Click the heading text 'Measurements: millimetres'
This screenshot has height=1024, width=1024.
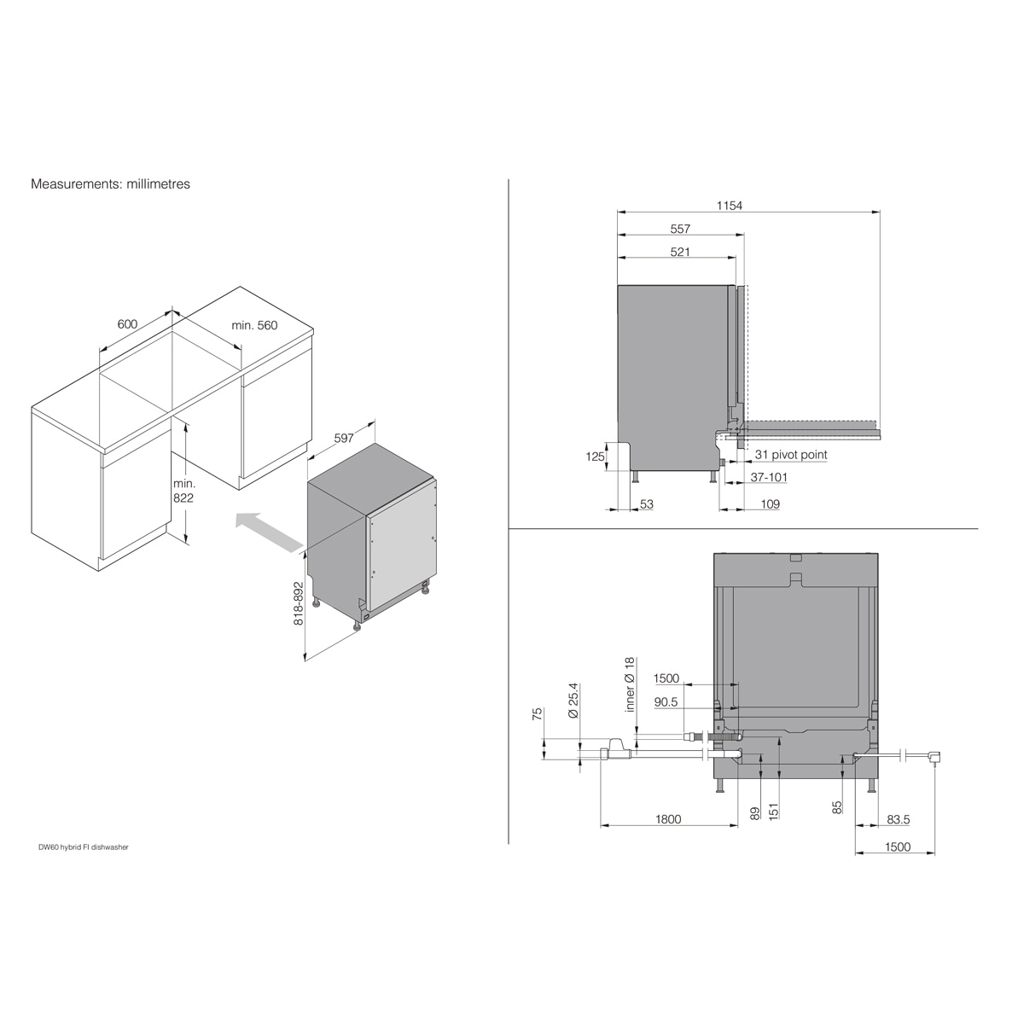pyautogui.click(x=111, y=183)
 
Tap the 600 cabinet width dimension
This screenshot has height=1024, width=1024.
pyautogui.click(x=127, y=323)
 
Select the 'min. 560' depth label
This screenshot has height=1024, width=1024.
pyautogui.click(x=254, y=325)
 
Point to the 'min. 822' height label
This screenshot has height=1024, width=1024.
pyautogui.click(x=183, y=491)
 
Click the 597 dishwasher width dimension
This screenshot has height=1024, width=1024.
pyautogui.click(x=344, y=438)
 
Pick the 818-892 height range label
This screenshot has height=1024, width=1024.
pyautogui.click(x=299, y=603)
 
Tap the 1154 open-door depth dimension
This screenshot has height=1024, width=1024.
pyautogui.click(x=729, y=205)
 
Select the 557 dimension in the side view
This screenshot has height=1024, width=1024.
pyautogui.click(x=680, y=229)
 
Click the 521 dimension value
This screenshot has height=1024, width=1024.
pyautogui.click(x=680, y=252)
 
